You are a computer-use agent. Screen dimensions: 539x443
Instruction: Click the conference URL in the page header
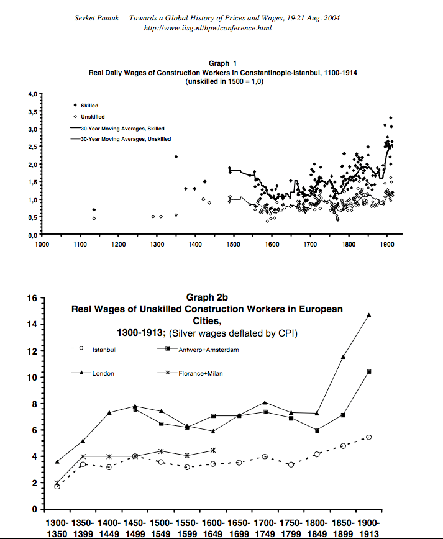coord(208,28)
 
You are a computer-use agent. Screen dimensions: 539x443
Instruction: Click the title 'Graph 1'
coord(222,63)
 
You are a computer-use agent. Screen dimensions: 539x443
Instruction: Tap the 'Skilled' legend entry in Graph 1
coord(89,106)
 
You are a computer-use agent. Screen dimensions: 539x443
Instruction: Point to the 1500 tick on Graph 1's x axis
coord(233,245)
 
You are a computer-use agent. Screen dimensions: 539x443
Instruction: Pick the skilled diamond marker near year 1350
coord(176,156)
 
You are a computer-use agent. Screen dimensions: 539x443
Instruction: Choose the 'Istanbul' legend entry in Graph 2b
coord(103,350)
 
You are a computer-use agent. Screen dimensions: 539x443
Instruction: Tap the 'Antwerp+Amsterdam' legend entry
coord(208,350)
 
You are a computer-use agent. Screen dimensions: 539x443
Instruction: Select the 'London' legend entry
coord(102,374)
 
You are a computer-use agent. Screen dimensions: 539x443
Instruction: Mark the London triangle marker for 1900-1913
coord(369,315)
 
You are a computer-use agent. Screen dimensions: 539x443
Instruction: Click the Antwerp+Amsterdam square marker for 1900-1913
coord(369,371)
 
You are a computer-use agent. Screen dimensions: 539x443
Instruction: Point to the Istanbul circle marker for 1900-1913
coord(369,437)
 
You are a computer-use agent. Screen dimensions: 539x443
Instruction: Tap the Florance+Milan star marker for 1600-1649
coord(213,450)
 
